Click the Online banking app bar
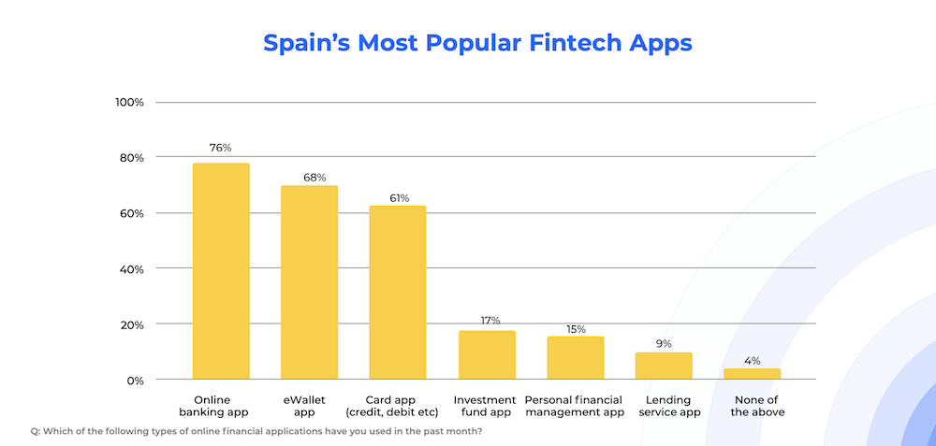[x=221, y=271]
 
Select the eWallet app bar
[x=309, y=282]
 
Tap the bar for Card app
[x=398, y=293]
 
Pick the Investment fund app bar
[x=487, y=355]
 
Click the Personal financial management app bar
[x=575, y=358]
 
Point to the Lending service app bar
[x=664, y=367]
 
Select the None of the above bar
[x=752, y=374]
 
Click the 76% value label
[x=221, y=148]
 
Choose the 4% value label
[x=753, y=360]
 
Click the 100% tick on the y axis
[x=128, y=102]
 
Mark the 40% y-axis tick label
[x=130, y=269]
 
